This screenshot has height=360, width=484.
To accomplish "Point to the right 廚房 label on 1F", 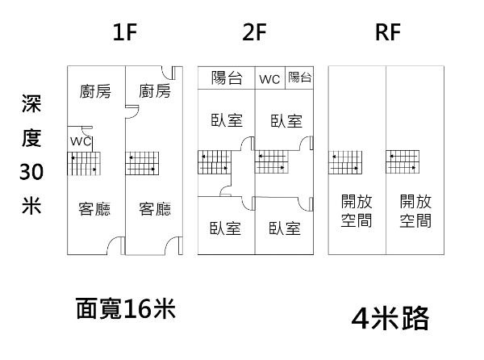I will [x=154, y=90].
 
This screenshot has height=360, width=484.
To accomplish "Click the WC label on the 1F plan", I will [x=81, y=140].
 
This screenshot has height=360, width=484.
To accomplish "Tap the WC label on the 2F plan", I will [x=269, y=79].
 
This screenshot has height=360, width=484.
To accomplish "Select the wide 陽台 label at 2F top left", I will [x=227, y=78].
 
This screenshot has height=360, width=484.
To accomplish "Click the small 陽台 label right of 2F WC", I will [x=299, y=77].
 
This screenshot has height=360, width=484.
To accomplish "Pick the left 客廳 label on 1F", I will [x=95, y=210].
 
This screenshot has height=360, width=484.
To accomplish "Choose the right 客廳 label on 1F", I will [x=154, y=210].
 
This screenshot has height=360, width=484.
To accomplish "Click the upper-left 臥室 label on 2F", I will [x=227, y=121].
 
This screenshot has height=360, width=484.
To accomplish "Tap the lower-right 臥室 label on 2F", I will [x=286, y=228].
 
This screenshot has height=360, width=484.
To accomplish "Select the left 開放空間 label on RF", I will [x=356, y=210].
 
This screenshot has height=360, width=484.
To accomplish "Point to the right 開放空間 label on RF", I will [x=415, y=210].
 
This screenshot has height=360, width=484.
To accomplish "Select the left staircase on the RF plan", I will [x=344, y=162].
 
